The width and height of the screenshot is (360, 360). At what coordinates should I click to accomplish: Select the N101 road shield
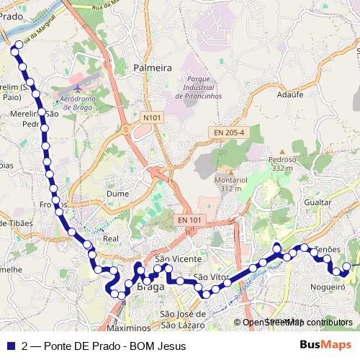[x=151, y=117]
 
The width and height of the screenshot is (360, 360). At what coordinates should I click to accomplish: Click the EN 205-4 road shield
[x=229, y=132]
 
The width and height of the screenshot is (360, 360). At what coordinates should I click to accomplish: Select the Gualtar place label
[x=318, y=203]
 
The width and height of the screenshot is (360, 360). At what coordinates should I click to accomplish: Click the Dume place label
[x=117, y=194]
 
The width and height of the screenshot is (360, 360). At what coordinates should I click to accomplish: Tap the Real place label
[x=111, y=238]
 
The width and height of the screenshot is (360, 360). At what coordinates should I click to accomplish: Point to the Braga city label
[x=150, y=287]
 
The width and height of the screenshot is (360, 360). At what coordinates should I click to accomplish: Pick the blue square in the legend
[x=10, y=346]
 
